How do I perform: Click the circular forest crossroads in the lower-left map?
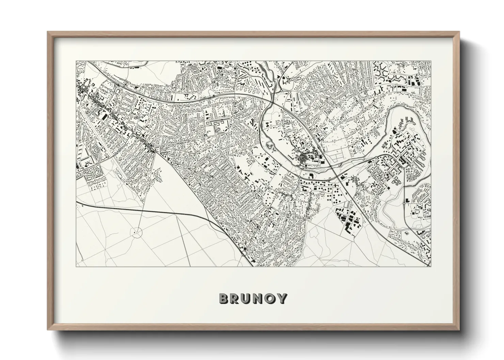point(137,232)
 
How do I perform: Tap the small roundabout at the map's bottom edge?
point(244,253)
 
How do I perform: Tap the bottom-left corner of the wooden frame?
point(48,329)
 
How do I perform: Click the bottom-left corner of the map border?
point(76,267)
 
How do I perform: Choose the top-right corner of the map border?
point(431,61)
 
